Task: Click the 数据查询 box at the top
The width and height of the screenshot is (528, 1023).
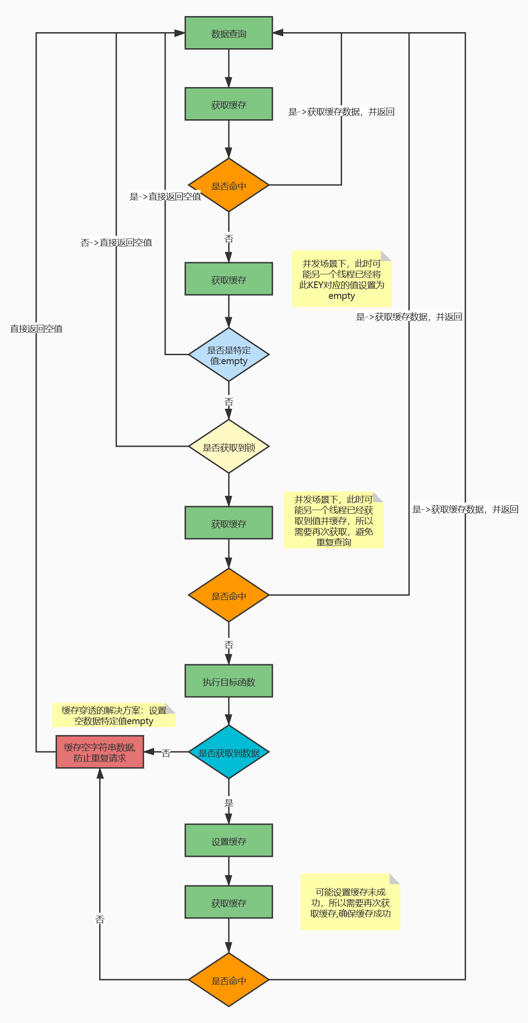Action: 229,33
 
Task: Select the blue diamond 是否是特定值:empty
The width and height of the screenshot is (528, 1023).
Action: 229,355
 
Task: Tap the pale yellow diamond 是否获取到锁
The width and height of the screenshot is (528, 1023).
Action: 229,447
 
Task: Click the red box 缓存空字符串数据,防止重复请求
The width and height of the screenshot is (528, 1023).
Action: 100,752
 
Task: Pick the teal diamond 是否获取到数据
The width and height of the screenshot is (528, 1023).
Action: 229,752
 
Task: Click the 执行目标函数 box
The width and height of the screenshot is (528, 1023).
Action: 229,681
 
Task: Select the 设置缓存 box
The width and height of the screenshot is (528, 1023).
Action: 229,841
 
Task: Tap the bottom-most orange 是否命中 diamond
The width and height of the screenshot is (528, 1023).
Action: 229,980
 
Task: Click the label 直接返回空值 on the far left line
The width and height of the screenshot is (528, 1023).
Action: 36,329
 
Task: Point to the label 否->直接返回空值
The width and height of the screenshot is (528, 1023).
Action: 116,243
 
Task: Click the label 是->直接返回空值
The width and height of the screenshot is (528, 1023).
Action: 165,197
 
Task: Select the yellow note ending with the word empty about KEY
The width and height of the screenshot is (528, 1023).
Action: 341,279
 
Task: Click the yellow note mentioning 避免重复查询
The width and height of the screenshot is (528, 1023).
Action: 333,520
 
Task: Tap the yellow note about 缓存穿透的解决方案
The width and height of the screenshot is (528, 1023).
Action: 113,715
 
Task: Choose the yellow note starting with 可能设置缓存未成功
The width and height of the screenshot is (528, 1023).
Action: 350,902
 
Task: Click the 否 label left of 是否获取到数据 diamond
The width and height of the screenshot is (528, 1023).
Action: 166,753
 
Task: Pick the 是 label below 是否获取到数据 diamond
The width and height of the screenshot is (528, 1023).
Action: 229,803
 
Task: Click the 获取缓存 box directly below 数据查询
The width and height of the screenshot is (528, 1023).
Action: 229,104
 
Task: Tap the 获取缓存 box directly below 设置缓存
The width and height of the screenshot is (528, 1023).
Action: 229,902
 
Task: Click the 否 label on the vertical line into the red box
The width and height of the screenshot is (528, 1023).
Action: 100,919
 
